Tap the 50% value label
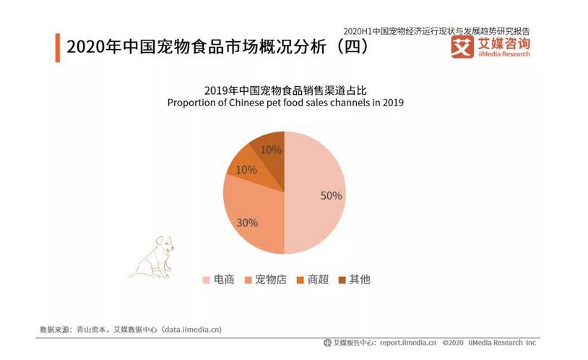(x=332, y=195)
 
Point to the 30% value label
(x=247, y=223)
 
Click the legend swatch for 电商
(x=206, y=280)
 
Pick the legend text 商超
(x=319, y=279)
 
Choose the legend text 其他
(x=360, y=279)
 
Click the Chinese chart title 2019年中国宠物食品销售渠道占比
(x=285, y=90)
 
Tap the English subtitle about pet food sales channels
(x=285, y=103)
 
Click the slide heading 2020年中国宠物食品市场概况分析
(x=217, y=48)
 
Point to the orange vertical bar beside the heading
(x=58, y=47)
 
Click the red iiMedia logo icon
(x=462, y=46)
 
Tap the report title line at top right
(x=436, y=31)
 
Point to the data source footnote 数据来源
(x=130, y=330)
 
